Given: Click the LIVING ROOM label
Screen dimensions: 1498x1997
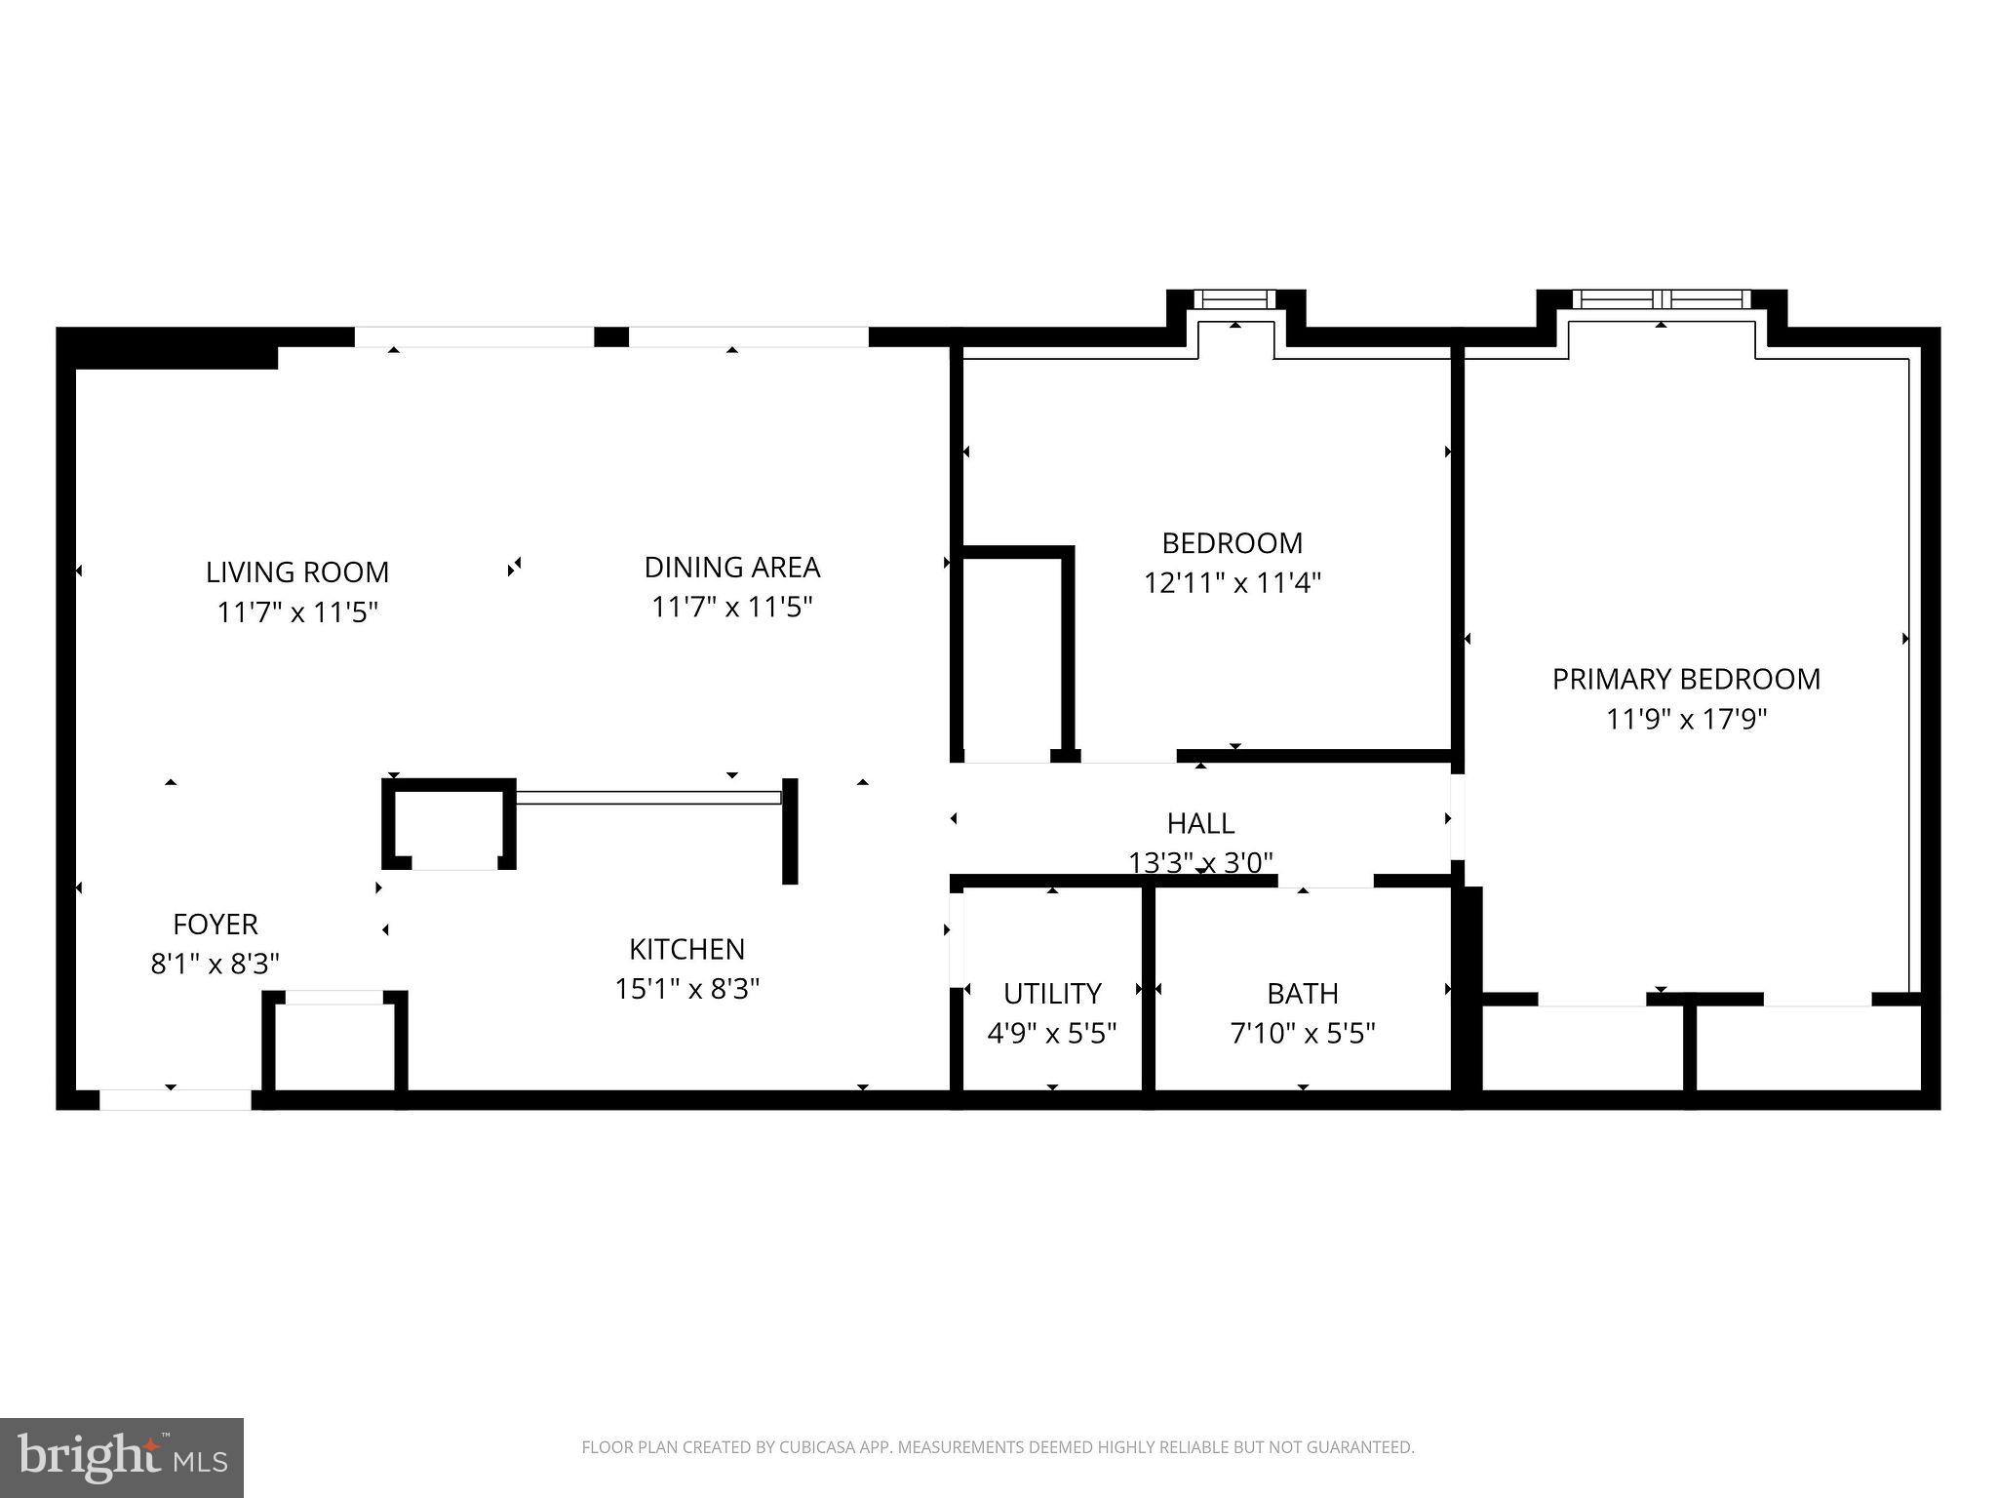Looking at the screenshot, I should [296, 572].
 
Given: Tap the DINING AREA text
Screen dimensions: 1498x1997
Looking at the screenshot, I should [731, 568].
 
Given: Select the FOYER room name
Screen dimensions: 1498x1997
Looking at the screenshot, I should [215, 925].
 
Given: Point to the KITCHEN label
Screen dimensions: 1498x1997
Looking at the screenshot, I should [686, 949].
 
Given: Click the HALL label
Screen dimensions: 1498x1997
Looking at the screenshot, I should [1200, 824].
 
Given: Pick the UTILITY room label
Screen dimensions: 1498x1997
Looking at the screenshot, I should [1052, 994].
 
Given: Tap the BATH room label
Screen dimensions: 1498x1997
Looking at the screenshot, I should [1302, 994].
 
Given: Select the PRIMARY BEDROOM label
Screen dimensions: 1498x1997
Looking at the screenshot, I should [1686, 680].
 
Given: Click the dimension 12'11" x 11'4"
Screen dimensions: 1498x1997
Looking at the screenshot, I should [1232, 583].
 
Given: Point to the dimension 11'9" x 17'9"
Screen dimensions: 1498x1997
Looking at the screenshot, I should [1686, 720].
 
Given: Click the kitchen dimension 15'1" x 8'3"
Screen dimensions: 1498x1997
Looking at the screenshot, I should [686, 989].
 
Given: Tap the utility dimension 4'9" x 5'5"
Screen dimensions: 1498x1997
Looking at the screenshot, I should [1052, 1034].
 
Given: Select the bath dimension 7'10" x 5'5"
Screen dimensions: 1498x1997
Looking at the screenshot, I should [1302, 1034].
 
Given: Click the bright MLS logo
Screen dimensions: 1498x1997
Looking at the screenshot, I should [122, 1457].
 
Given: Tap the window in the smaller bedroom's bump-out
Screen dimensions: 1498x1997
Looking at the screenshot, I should [1235, 299].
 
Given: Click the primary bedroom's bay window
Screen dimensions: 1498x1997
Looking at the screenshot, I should [1662, 299].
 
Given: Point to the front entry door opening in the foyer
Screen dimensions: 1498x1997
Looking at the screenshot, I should [176, 1100].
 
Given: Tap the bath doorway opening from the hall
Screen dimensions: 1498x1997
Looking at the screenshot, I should [1326, 881].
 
